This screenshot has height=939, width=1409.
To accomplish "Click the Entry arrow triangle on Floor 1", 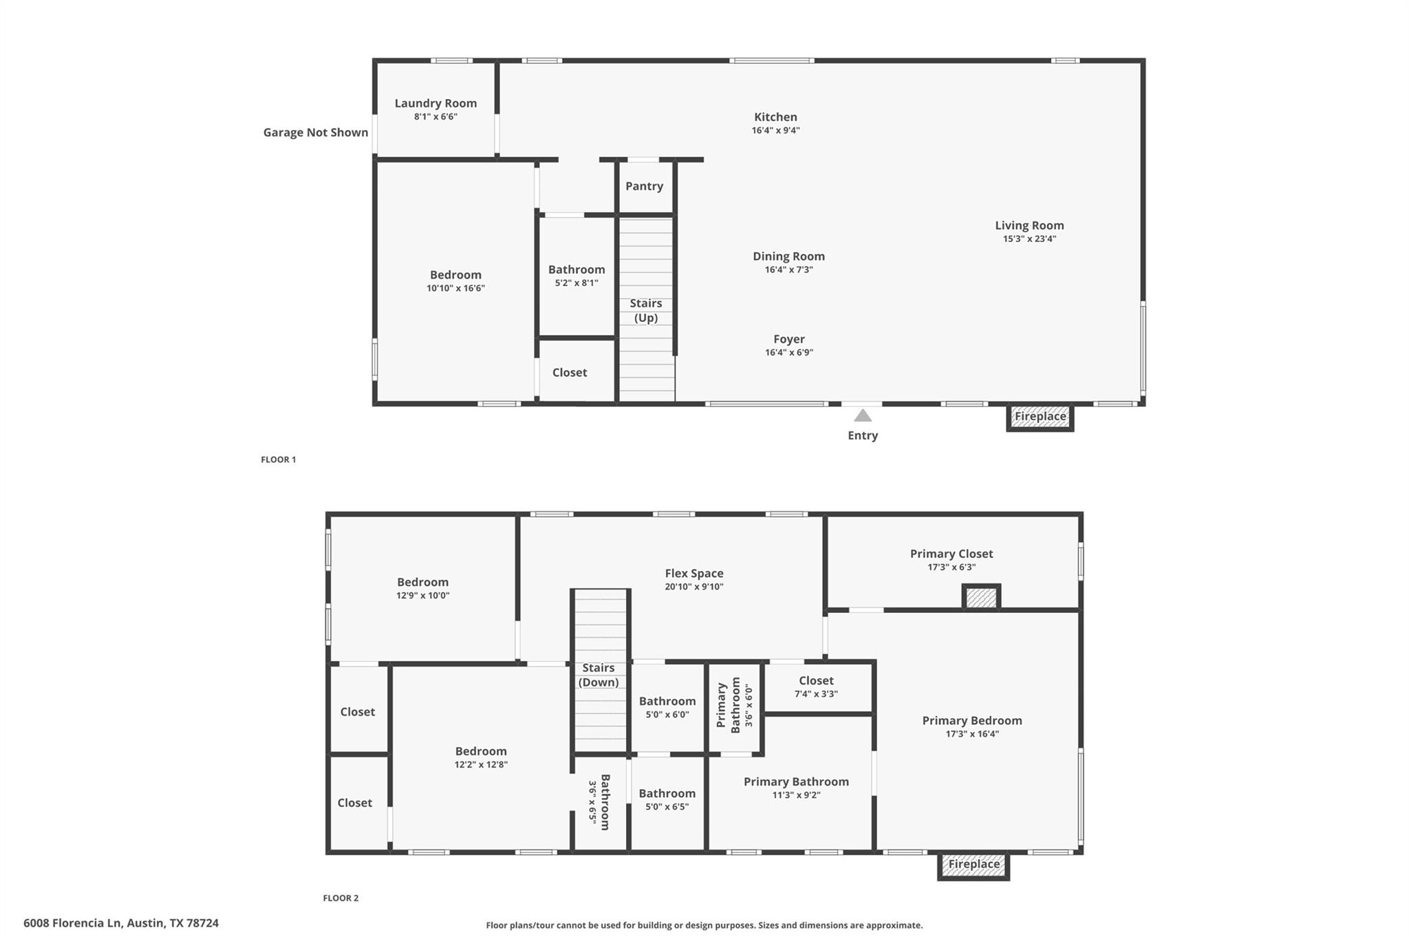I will point(863,415).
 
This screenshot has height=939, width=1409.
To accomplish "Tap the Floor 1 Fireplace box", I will point(1040,417).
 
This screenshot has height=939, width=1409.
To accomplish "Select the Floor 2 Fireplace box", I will point(974,865).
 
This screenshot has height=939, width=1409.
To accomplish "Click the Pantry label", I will point(644,186).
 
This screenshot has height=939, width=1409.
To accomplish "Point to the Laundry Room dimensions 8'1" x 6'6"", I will point(435,117).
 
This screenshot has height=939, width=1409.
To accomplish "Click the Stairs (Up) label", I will point(646,310).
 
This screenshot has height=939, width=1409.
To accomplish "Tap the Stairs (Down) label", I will point(598,675).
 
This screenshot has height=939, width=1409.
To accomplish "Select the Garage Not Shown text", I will point(315,133).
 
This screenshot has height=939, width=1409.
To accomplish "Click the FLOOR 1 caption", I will point(278,460).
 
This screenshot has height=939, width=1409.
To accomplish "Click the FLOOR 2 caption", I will point(341,898).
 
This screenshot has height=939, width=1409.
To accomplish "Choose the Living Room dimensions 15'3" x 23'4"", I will point(1029,239).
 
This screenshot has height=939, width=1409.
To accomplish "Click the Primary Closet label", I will point(951,554).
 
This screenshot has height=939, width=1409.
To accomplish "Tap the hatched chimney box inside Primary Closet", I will point(980,597).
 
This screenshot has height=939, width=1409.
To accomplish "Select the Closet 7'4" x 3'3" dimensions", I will point(816,694).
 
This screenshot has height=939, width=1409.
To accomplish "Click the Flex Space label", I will point(693,573).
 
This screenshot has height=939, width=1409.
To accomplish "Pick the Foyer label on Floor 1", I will point(788,339).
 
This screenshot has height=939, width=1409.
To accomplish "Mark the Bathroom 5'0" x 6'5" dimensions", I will point(667,807).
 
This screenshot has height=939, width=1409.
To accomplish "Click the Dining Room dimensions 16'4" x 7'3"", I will point(788,270).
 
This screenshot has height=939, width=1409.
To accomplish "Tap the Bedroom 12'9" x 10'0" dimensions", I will point(422,596).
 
